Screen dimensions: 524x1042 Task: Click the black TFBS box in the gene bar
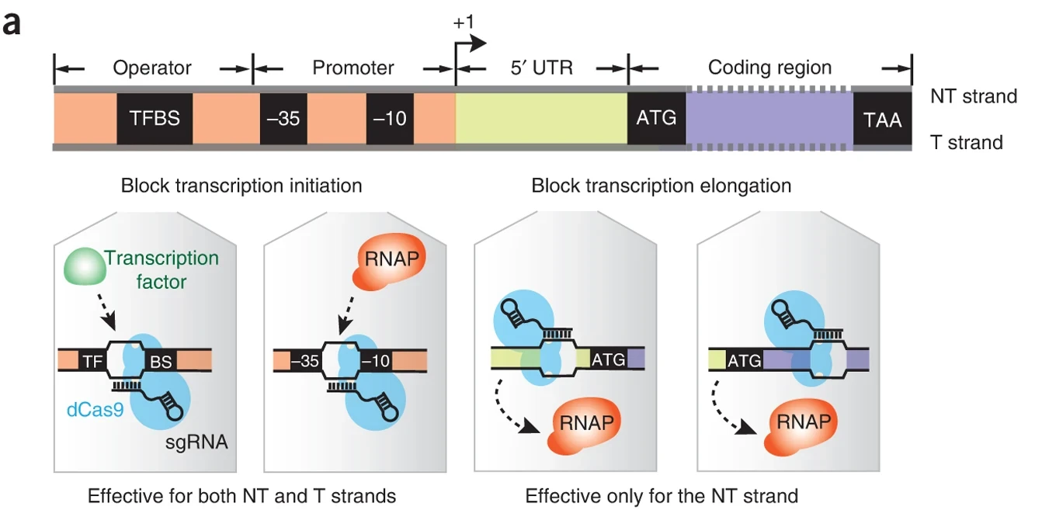155,119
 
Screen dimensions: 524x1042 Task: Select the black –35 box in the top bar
283,119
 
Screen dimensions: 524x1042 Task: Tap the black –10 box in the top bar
390,119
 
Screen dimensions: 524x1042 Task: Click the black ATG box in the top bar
656,118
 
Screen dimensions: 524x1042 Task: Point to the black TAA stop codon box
882,119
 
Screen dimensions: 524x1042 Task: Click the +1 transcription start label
464,23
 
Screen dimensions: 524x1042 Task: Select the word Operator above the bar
152,68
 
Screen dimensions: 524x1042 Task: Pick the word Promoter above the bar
353,68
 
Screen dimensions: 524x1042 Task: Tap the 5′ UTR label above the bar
541,68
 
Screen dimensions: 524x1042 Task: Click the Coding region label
769,68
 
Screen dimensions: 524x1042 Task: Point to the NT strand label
974,96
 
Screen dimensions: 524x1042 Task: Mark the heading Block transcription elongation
661,186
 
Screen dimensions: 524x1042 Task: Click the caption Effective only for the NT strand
662,495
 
